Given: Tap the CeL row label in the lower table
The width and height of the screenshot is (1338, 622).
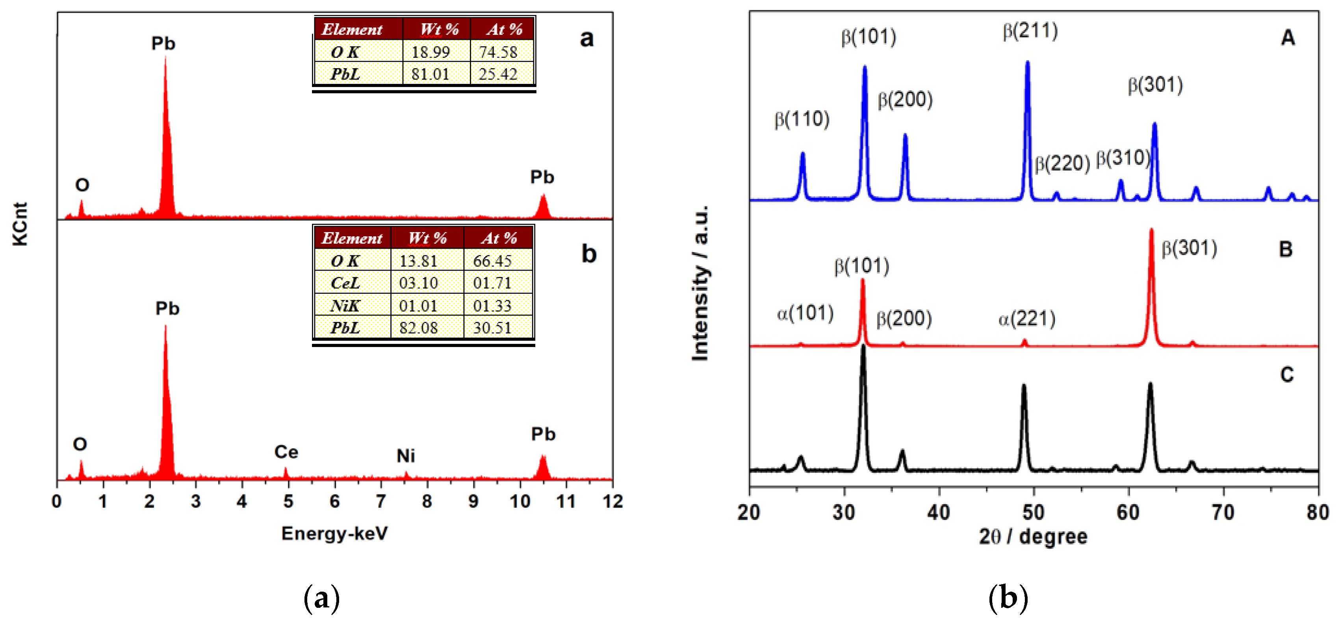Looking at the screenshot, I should (x=345, y=283).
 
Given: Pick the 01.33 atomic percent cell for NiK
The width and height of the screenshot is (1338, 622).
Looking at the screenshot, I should (x=492, y=306).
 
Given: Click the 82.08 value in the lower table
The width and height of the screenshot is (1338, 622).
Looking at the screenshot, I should (x=418, y=328).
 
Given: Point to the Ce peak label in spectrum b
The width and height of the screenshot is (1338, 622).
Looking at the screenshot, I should (x=286, y=452).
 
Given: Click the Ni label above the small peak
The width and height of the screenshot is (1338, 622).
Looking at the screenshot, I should (x=406, y=456).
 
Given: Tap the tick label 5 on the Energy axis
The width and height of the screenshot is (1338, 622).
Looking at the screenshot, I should (x=288, y=501).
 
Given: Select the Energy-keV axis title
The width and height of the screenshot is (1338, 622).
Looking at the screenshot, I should (x=334, y=534).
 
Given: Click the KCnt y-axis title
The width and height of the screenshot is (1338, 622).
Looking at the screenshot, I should (x=20, y=224).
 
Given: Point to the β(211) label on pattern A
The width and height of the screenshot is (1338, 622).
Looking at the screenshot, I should (x=1030, y=31).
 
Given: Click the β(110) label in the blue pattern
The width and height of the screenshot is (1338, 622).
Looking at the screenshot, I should (x=802, y=119).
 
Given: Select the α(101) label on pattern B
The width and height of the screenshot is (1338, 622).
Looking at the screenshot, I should (x=805, y=313).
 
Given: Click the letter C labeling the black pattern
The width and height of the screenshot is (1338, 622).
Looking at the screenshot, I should (x=1286, y=375).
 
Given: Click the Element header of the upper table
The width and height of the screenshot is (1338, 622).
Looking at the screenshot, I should (x=352, y=30).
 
